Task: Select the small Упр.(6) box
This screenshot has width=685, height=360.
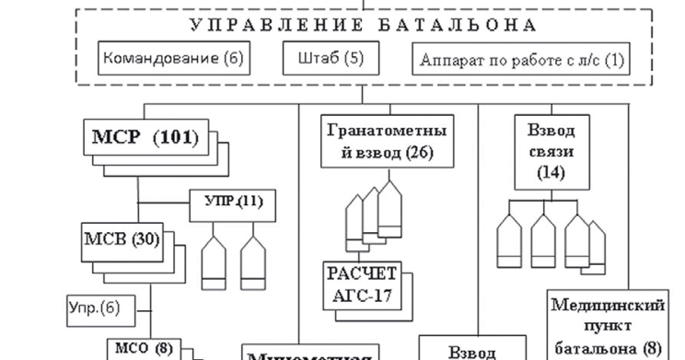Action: tap(99, 305)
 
